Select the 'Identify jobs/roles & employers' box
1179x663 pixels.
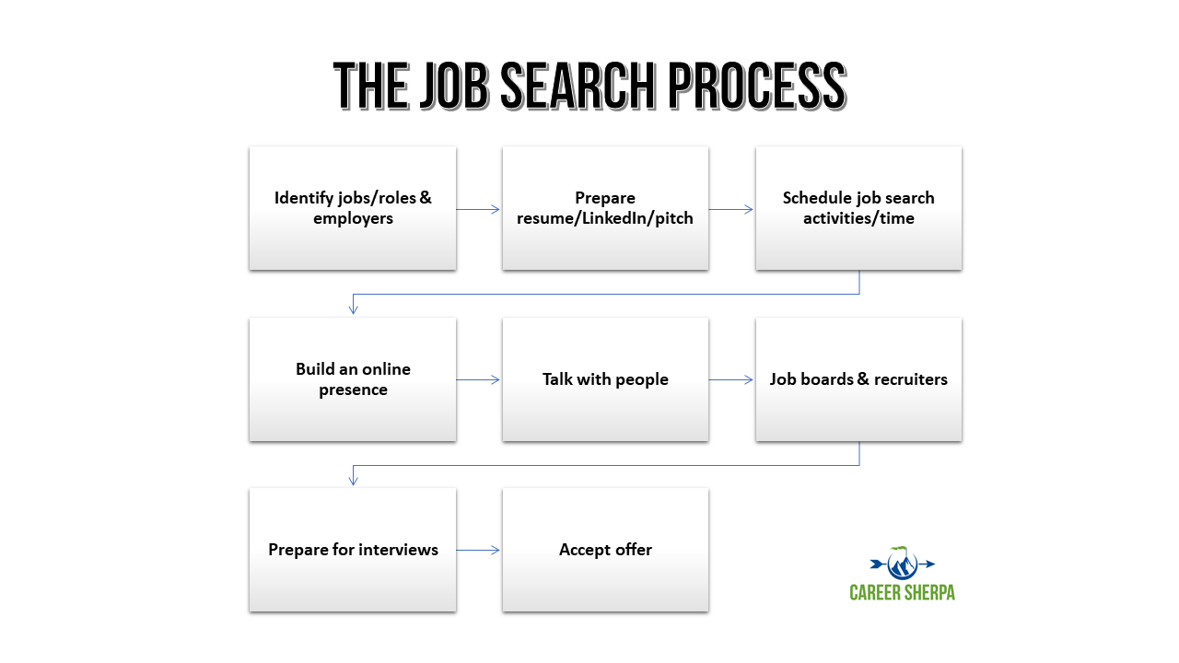pyautogui.click(x=353, y=208)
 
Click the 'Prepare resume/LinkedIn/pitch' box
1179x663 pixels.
pyautogui.click(x=605, y=208)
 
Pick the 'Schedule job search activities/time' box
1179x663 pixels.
pyautogui.click(x=858, y=208)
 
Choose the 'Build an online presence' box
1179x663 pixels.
pyautogui.click(x=353, y=379)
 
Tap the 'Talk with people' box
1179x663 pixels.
pyautogui.click(x=605, y=379)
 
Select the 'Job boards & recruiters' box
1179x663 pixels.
pyautogui.click(x=858, y=379)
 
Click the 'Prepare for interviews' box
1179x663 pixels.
pyautogui.click(x=353, y=550)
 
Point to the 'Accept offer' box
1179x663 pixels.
pyautogui.click(x=605, y=550)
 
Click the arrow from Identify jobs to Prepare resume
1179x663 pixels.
pyautogui.click(x=479, y=210)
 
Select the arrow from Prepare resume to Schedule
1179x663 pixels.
pyautogui.click(x=731, y=210)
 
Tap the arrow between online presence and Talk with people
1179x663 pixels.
pyautogui.click(x=479, y=379)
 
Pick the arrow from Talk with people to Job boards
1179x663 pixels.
pyautogui.click(x=731, y=379)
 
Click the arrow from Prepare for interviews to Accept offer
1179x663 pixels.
pyautogui.click(x=479, y=551)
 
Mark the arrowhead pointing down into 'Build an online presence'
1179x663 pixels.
pyautogui.click(x=354, y=309)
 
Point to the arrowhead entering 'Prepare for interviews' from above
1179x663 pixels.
pyautogui.click(x=354, y=480)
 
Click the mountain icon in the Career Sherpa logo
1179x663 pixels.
pyautogui.click(x=901, y=563)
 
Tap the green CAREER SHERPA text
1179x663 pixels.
pyautogui.click(x=902, y=592)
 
